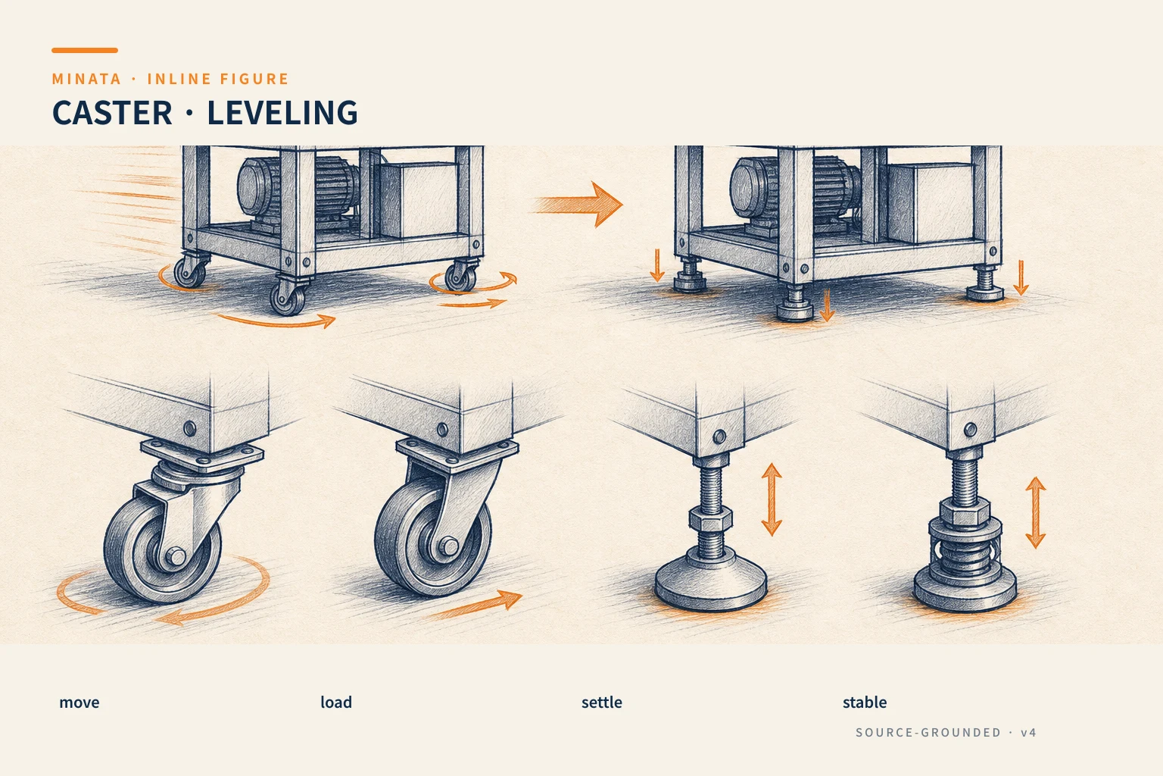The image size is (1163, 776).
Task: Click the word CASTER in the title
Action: [112, 113]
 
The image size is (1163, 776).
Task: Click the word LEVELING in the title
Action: [282, 113]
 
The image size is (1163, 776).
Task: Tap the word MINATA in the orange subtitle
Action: [86, 79]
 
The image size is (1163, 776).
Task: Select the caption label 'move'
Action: [79, 702]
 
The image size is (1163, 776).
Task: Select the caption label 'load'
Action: [336, 702]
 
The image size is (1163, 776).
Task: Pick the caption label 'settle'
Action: [601, 702]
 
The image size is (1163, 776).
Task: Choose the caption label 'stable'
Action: [865, 702]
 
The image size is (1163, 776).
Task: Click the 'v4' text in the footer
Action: [1028, 732]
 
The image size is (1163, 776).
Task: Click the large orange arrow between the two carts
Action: [578, 205]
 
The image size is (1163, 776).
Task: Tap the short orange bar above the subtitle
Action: [85, 51]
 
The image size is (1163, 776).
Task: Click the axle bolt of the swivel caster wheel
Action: [176, 555]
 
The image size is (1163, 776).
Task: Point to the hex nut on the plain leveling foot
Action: [711, 518]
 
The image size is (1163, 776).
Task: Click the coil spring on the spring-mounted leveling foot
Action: [965, 556]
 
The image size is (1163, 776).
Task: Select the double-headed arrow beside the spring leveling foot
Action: [1035, 512]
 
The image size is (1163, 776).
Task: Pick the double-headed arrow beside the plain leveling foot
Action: [772, 499]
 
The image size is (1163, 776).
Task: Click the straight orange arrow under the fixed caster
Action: [475, 605]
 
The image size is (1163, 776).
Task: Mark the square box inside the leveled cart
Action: [929, 202]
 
